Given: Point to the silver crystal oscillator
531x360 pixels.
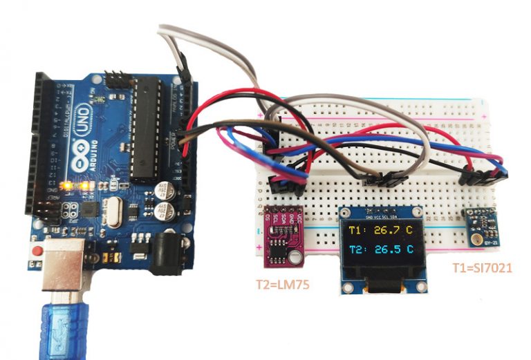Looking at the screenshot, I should (x=113, y=211).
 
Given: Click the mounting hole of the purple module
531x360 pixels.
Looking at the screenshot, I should (x=296, y=256).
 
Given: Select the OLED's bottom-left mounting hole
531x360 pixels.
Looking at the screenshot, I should (x=345, y=286).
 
